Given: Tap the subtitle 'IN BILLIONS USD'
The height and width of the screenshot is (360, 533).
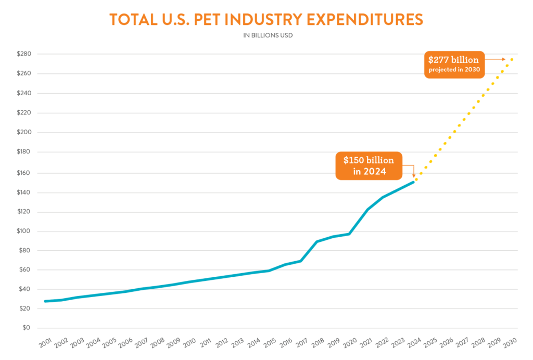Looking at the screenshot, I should pyautogui.click(x=265, y=36).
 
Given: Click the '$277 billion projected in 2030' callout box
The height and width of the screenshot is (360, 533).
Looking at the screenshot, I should pyautogui.click(x=453, y=64).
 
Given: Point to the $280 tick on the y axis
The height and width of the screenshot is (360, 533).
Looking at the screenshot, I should pyautogui.click(x=24, y=54).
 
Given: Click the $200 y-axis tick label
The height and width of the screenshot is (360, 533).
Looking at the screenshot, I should pyautogui.click(x=24, y=132).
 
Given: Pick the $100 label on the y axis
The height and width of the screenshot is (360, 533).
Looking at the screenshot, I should pyautogui.click(x=24, y=231).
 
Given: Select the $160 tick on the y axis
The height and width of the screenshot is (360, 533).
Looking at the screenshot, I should pyautogui.click(x=24, y=172).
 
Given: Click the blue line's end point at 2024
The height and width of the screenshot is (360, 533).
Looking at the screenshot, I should pyautogui.click(x=414, y=182).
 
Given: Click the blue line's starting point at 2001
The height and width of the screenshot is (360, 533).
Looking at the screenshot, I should pyautogui.click(x=46, y=301).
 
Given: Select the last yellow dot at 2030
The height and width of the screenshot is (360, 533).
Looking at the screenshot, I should pyautogui.click(x=512, y=59).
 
